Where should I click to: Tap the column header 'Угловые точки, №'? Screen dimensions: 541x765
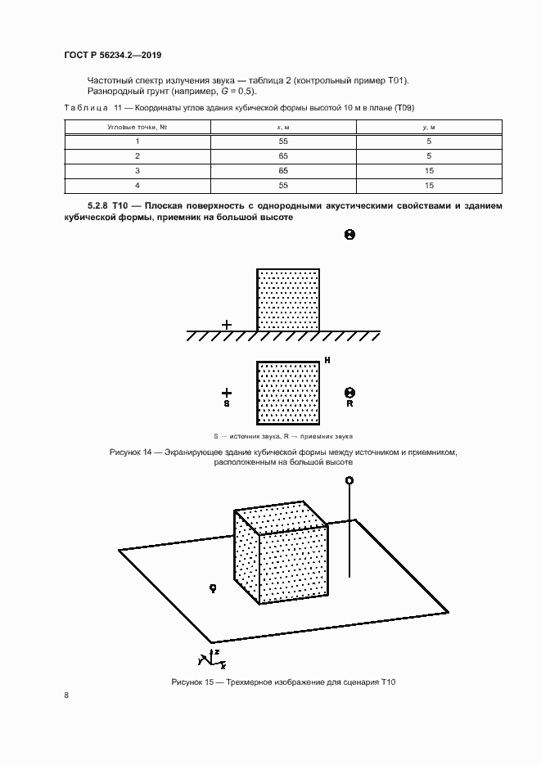[138, 128]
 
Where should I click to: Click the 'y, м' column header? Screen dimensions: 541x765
[428, 128]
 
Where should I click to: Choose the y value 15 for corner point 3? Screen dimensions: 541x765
[428, 169]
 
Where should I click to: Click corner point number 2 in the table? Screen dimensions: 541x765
[138, 155]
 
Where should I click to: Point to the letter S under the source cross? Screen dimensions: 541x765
[227, 404]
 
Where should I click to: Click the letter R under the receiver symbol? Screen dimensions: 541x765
[349, 404]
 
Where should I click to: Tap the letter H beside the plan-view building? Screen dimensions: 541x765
[327, 360]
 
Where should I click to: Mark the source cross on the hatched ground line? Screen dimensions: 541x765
[227, 325]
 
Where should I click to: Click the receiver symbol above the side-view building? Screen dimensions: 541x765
[349, 235]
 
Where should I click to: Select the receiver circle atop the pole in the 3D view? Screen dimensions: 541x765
[349, 480]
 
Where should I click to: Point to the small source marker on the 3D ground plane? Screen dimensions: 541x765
[213, 587]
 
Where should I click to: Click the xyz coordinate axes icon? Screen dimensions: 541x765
[209, 656]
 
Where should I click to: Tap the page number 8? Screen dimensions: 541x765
[65, 695]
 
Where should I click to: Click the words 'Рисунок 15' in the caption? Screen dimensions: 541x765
[192, 682]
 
